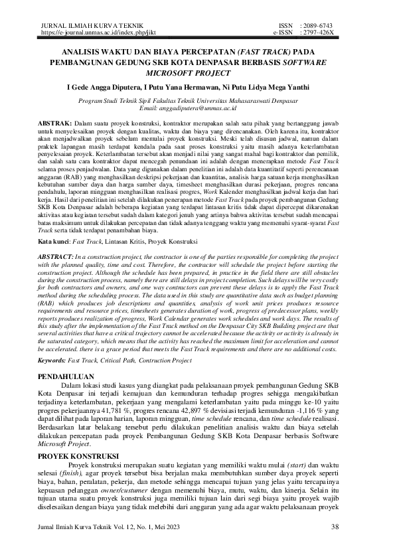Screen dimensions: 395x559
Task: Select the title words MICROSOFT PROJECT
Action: click(197, 74)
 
